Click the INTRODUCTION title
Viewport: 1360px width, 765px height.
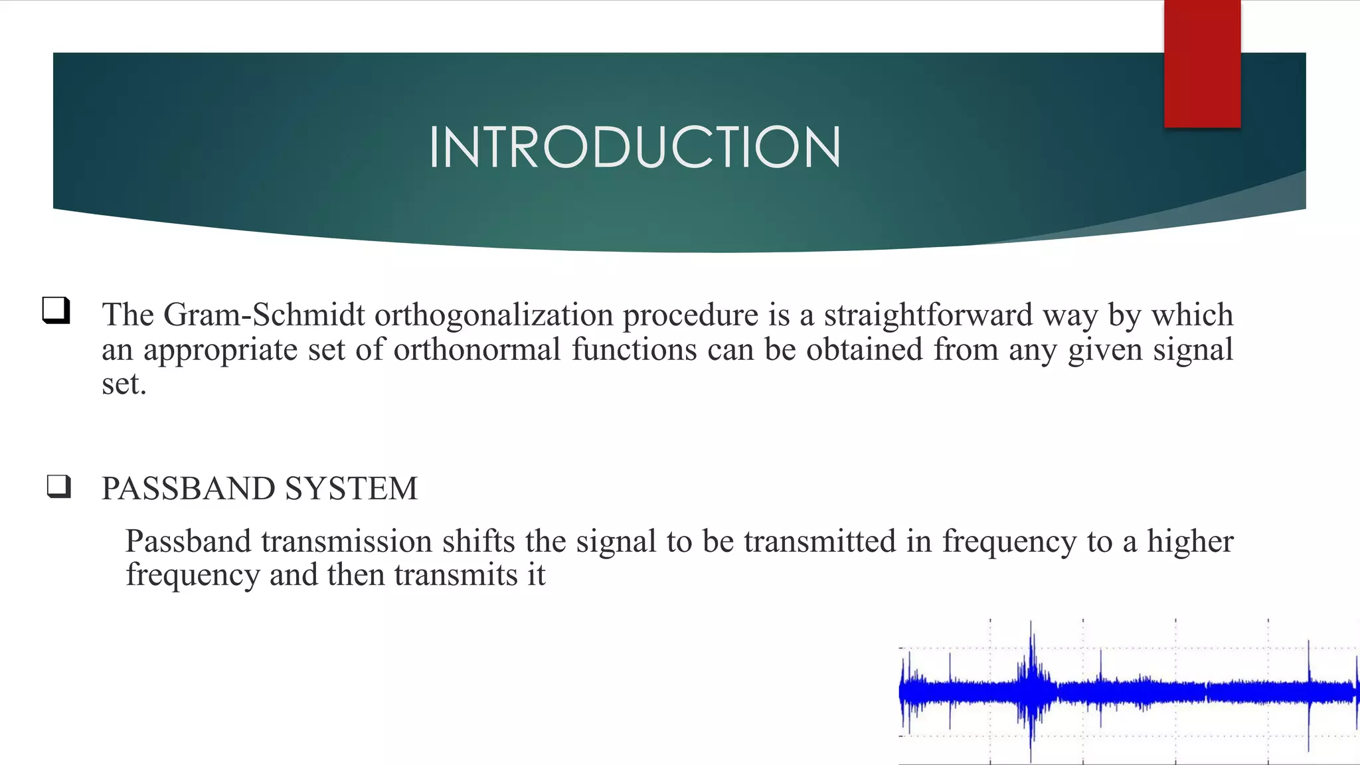[635, 147]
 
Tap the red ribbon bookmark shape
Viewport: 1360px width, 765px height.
[1202, 64]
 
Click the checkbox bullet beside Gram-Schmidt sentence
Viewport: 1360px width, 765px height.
[56, 310]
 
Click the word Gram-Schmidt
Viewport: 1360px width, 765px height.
[264, 315]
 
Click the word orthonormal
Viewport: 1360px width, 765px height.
[477, 350]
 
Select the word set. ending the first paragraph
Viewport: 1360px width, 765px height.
[124, 384]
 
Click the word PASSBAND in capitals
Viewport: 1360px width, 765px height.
[188, 489]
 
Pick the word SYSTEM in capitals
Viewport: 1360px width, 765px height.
[351, 489]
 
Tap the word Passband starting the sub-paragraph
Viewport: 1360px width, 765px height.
[188, 541]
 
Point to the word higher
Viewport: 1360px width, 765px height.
[1190, 541]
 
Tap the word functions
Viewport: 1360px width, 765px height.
[634, 350]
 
